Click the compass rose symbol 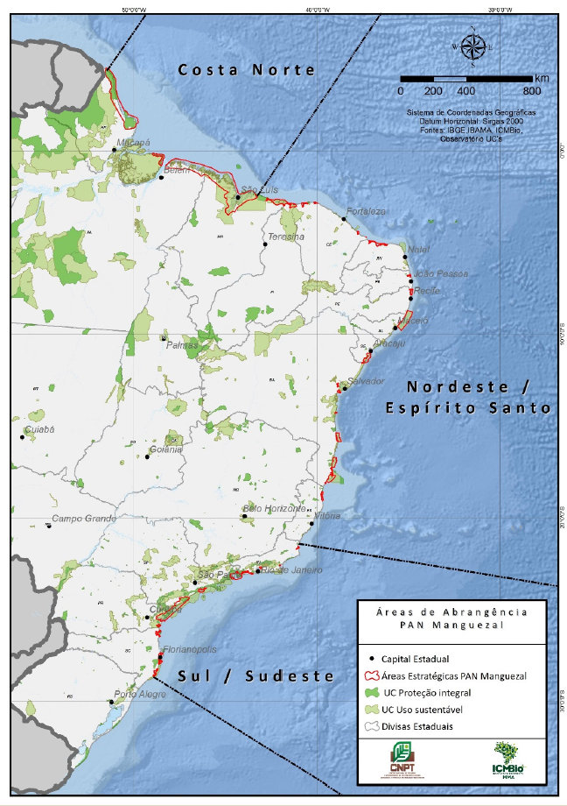tap(472, 46)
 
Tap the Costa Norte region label tap(246, 70)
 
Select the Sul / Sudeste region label tap(256, 675)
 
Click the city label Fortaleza tap(366, 212)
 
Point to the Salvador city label tap(366, 382)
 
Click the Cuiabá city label tap(39, 429)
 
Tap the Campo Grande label tap(84, 519)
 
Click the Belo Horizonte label tap(274, 508)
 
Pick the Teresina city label tap(286, 237)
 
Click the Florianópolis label tap(186, 650)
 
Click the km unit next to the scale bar tap(542, 78)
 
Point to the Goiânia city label tap(166, 449)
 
